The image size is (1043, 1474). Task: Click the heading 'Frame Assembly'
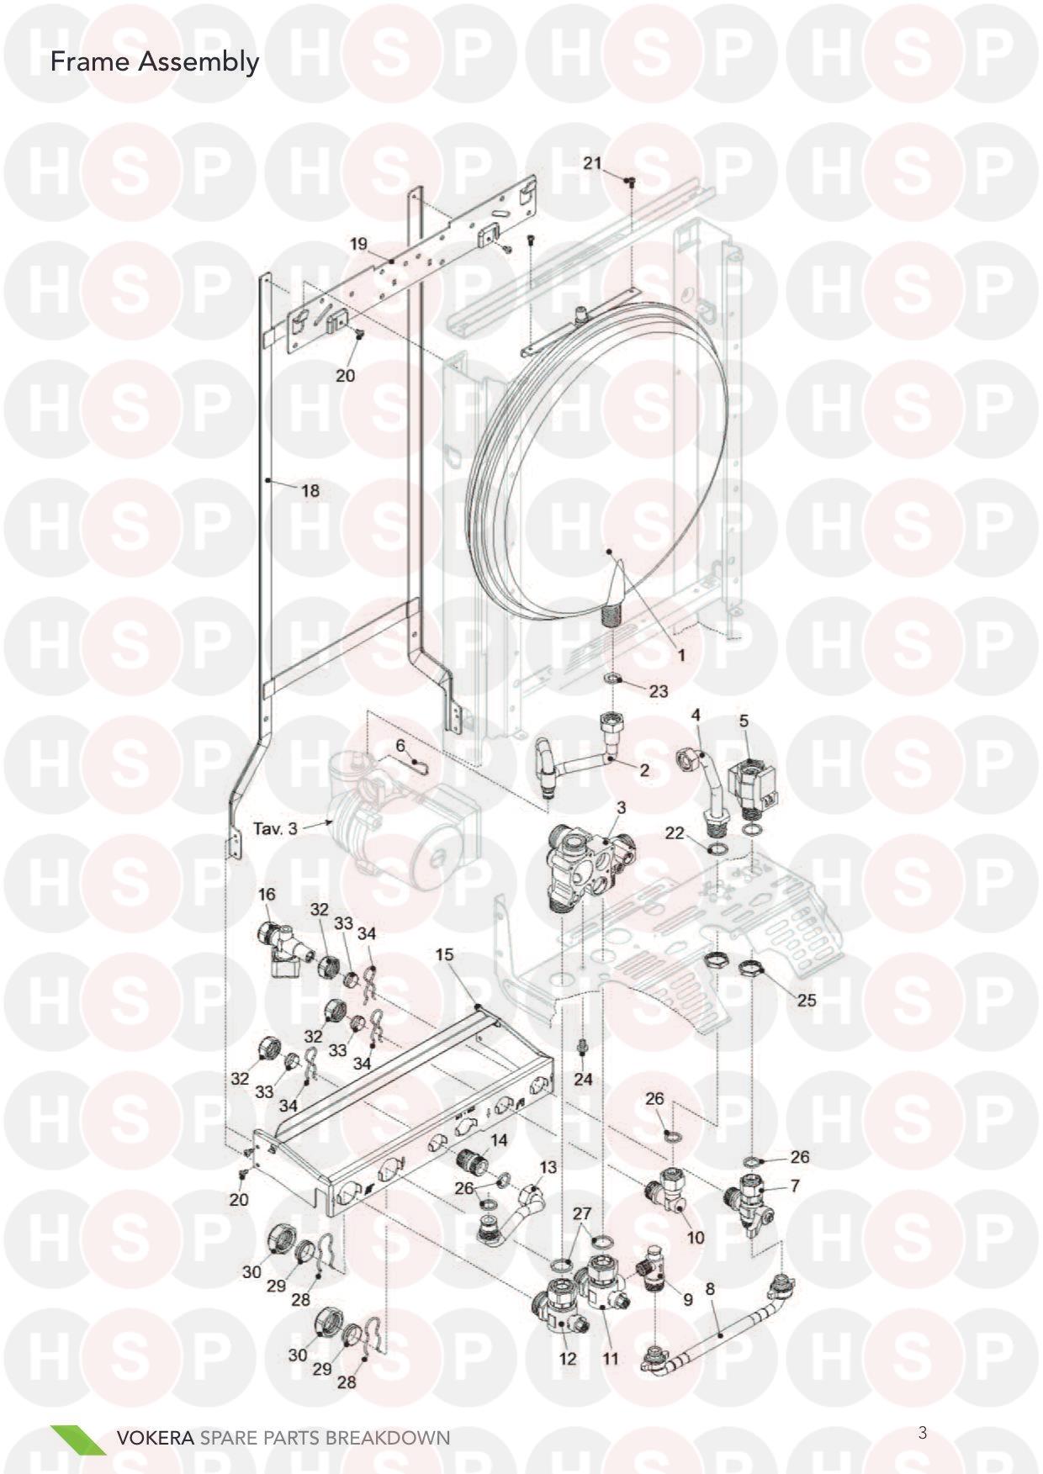[155, 63]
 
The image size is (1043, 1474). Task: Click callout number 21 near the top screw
[593, 162]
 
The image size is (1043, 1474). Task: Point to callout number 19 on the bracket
[358, 244]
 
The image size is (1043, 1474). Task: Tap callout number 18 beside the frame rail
[310, 489]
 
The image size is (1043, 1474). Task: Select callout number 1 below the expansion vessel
[681, 653]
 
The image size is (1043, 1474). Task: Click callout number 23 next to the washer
[659, 690]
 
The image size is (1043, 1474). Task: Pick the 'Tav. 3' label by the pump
[276, 828]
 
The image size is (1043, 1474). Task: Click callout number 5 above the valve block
[744, 721]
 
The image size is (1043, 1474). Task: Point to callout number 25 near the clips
[807, 1001]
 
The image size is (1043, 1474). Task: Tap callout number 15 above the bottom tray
[444, 954]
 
